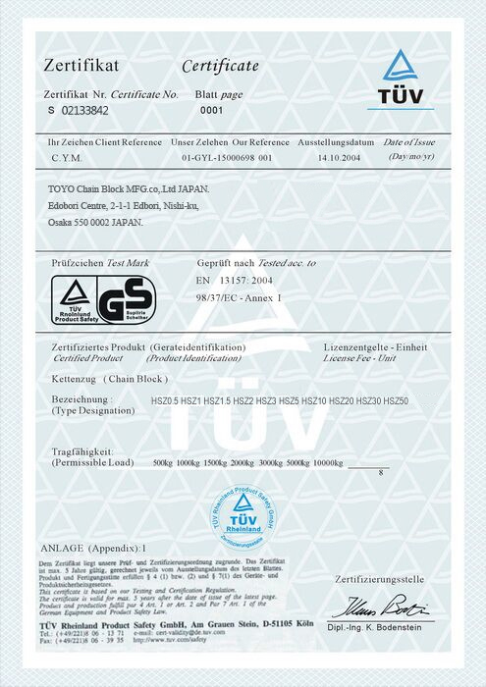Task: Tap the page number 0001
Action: coord(212,112)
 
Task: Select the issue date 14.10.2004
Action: coord(341,157)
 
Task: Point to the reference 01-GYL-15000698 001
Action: coord(227,157)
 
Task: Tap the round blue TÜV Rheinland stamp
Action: coord(242,517)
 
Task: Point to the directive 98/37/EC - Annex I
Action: coord(240,296)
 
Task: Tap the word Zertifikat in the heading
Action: coord(81,66)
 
